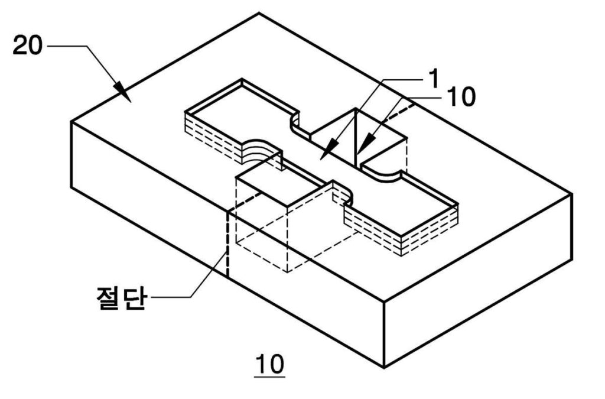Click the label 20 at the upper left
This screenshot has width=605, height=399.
pos(28,46)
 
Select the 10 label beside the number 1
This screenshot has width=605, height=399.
pos(461,98)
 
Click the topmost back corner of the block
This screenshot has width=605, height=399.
pos(258,13)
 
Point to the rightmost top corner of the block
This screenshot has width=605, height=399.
pos(572,194)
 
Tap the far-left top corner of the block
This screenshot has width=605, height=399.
pos(71,122)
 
